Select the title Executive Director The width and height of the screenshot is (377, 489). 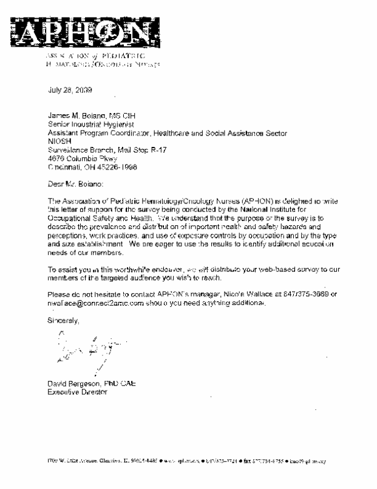click(x=77, y=391)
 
